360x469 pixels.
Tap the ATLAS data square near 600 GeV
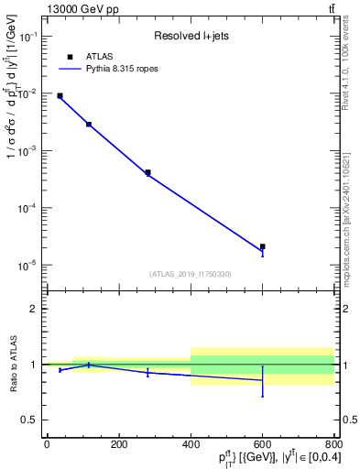coord(263,246)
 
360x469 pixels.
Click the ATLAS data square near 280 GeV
coord(147,172)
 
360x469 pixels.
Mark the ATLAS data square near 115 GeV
coord(89,124)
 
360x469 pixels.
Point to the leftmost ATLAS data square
coord(60,95)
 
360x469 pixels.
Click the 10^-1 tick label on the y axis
coord(29,36)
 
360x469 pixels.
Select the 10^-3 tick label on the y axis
coord(29,150)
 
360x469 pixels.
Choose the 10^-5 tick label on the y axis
coord(29,265)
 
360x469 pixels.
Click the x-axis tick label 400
coord(191,444)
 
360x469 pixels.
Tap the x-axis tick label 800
coord(334,444)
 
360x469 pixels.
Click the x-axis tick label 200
coord(118,444)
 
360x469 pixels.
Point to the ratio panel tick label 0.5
coord(32,420)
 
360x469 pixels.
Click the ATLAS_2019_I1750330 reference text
coord(190,274)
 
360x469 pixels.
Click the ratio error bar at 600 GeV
coord(263,381)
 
